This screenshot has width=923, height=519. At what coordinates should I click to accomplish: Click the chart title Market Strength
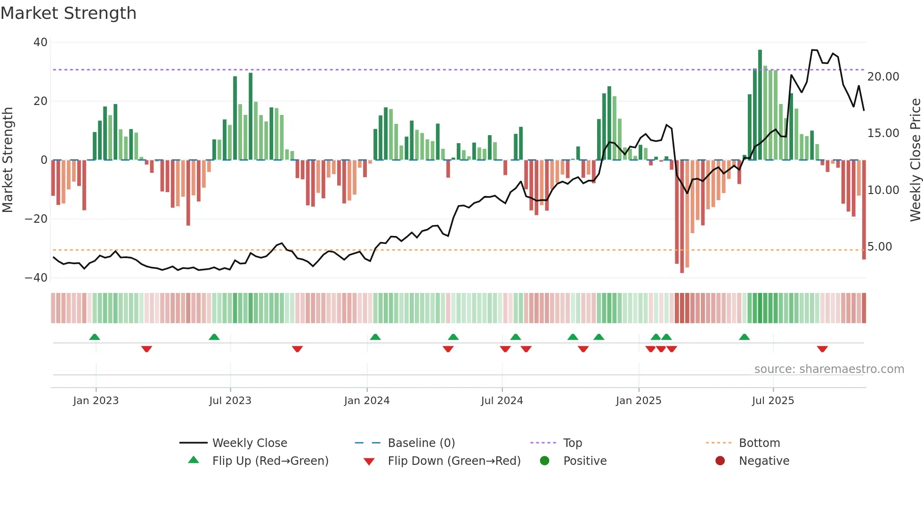68,13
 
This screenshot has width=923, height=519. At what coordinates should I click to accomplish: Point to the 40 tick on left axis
40,42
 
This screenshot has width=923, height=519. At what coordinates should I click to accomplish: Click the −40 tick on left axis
36,278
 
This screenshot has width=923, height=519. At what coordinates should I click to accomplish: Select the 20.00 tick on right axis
883,77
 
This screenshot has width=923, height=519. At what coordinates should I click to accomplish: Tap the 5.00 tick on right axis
880,247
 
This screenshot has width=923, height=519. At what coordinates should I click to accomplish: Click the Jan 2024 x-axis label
367,401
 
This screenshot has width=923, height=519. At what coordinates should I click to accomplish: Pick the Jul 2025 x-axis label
773,401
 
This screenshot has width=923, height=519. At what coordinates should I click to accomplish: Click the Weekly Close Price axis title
915,160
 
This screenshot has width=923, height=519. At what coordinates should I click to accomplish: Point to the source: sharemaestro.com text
829,369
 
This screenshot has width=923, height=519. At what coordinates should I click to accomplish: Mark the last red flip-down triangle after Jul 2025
822,349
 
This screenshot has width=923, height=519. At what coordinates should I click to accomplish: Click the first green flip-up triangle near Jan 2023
95,337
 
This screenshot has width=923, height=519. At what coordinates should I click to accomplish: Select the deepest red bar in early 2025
682,216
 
